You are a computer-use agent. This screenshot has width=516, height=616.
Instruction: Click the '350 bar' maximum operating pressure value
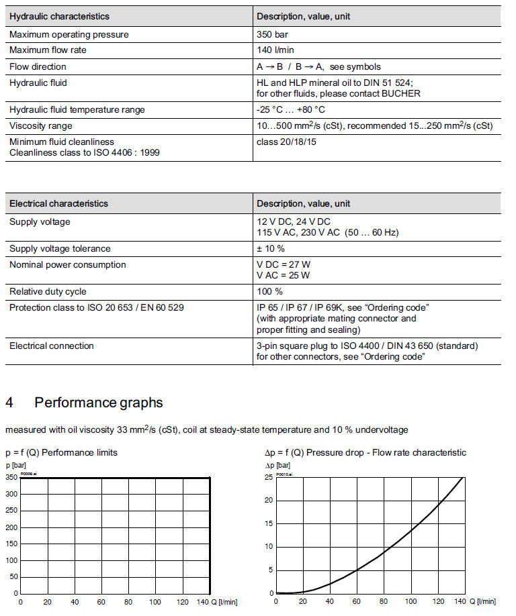[x=273, y=34]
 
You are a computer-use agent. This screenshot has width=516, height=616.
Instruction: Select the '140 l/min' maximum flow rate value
[x=275, y=50]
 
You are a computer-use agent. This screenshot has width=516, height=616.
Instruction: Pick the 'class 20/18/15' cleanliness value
[x=286, y=142]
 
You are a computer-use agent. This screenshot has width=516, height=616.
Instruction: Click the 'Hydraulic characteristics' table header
[x=59, y=16]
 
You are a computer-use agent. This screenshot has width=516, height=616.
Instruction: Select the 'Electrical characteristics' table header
[x=58, y=203]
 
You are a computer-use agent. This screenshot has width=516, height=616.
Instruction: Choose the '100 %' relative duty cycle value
[x=269, y=292]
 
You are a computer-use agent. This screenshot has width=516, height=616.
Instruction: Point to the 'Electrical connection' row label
[x=52, y=346]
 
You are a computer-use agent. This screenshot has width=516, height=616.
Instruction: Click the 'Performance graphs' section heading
[x=99, y=403]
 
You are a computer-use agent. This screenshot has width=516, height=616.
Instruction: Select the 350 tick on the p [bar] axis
[x=11, y=478]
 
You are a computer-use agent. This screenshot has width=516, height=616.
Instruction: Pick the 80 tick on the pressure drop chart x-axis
[x=383, y=602]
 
